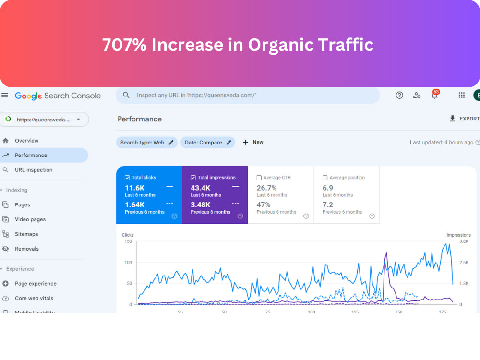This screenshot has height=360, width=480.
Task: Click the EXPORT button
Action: coord(464,119)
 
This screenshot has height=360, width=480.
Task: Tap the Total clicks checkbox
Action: coord(127,178)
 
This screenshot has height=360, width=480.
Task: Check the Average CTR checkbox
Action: coord(259,178)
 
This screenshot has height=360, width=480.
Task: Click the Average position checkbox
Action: coord(325,178)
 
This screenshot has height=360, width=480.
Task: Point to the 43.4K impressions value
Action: coord(201,188)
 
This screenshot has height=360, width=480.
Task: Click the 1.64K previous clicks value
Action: coord(135,205)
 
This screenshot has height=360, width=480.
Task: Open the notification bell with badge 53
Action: coord(435,95)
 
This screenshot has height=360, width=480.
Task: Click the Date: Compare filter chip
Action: coord(208,143)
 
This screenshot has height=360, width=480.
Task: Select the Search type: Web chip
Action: coord(146,143)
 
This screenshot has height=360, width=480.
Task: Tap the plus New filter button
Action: coord(253,143)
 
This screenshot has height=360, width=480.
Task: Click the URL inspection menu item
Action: coord(27,170)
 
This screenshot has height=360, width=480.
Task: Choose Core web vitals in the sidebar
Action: coord(28,298)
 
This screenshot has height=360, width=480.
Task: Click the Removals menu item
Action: coord(21,249)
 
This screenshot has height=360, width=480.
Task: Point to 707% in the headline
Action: coord(125,45)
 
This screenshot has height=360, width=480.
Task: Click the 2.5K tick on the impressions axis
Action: coord(464,263)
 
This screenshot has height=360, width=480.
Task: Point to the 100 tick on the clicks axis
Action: coord(128,263)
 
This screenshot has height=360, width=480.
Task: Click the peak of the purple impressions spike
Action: coord(386,253)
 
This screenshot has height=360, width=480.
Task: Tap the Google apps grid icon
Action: coord(462,95)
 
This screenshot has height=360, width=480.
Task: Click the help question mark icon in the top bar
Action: coord(399,95)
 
